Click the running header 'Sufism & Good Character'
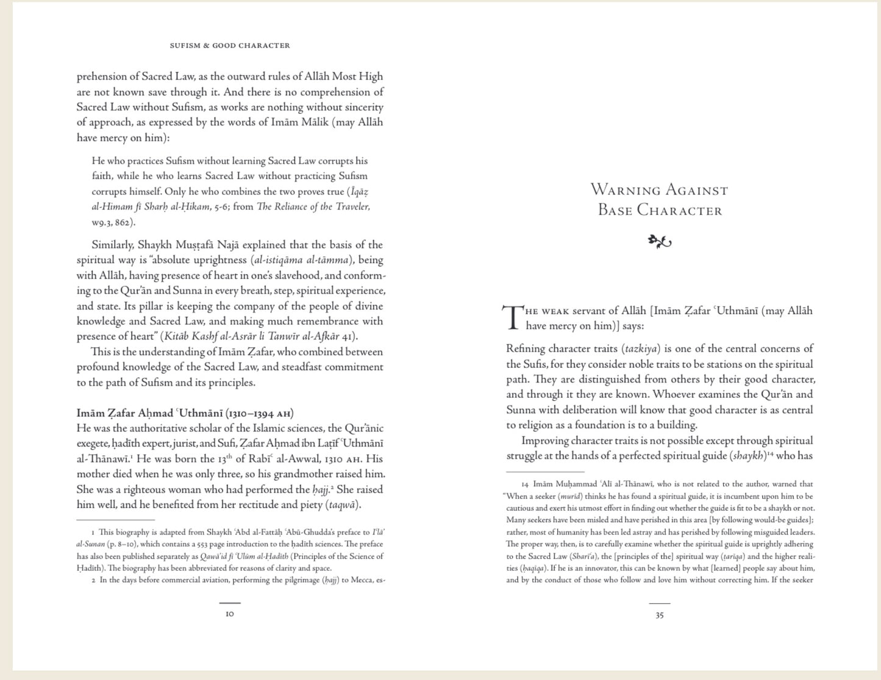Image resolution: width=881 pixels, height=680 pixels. click(230, 46)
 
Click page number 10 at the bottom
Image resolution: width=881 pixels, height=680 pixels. click(230, 614)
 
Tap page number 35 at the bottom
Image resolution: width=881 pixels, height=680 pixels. click(659, 615)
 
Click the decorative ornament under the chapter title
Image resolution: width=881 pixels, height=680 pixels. click(659, 242)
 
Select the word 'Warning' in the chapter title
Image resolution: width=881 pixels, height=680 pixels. click(625, 190)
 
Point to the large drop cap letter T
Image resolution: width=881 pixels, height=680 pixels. click(513, 317)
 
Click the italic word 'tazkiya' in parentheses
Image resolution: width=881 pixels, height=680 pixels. click(641, 349)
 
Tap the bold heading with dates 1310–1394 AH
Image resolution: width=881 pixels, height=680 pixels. click(185, 413)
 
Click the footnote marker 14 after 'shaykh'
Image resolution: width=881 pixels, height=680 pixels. click(770, 454)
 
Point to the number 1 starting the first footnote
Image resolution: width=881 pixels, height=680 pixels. click(93, 533)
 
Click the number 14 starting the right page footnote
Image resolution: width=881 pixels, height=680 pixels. click(525, 484)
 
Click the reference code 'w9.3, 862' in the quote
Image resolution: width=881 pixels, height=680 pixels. click(112, 222)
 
